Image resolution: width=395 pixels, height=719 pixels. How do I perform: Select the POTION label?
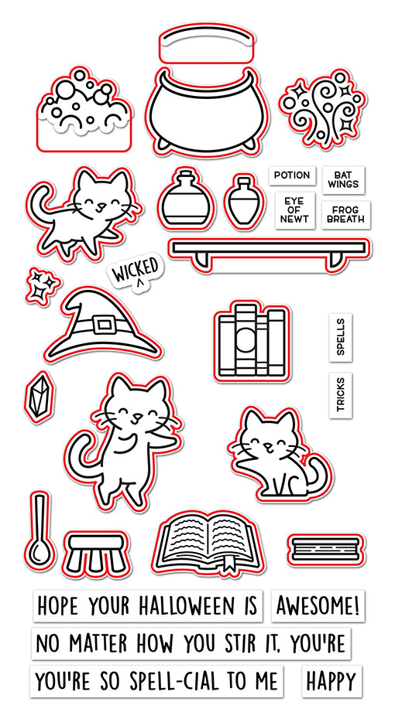[291, 175]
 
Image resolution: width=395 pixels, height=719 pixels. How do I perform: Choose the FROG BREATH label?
[345, 214]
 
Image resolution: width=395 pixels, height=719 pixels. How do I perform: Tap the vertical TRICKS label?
[341, 394]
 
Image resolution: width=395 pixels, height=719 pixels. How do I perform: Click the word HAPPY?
[330, 681]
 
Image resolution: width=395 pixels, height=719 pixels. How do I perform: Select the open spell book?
[206, 541]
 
